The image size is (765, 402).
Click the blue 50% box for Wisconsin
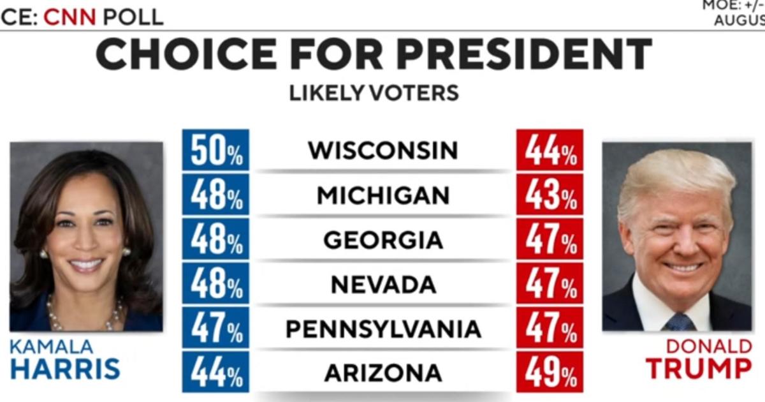(215, 151)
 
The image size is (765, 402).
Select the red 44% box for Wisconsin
(550, 151)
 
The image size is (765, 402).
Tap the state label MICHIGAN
(383, 195)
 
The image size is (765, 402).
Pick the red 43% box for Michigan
(550, 195)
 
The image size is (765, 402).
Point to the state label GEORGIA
(383, 240)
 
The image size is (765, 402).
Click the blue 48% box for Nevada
(215, 285)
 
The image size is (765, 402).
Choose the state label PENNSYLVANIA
(383, 329)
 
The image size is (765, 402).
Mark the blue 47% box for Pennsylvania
(215, 329)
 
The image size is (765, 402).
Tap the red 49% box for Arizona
(550, 373)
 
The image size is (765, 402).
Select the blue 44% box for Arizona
(215, 373)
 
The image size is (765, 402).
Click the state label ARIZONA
(383, 373)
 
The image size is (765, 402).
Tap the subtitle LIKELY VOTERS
(374, 93)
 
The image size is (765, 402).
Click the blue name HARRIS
(65, 369)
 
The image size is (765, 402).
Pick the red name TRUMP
(699, 369)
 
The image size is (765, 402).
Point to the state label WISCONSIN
(383, 151)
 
